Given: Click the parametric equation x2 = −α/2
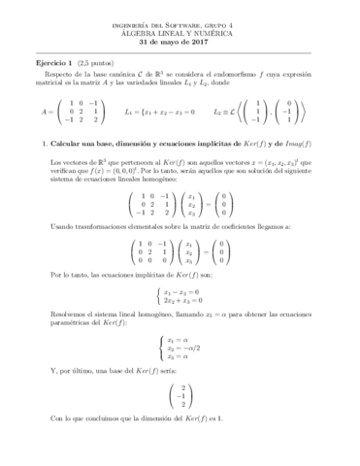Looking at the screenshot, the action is click(184, 377).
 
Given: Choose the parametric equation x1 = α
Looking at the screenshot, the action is click(180, 366).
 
